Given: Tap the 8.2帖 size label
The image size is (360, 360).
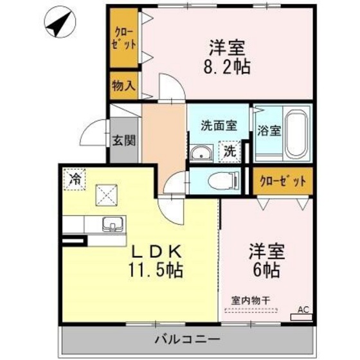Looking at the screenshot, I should [228, 66].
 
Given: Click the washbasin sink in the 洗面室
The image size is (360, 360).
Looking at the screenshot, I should [201, 152].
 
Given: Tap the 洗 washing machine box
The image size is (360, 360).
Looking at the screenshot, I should [230, 153].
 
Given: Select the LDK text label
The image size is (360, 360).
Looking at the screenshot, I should [154, 251].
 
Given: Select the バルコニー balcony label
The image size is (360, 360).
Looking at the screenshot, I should [187, 339].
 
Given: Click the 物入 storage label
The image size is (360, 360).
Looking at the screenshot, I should [123, 85].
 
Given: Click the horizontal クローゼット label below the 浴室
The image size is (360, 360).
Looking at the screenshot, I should [283, 181].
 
